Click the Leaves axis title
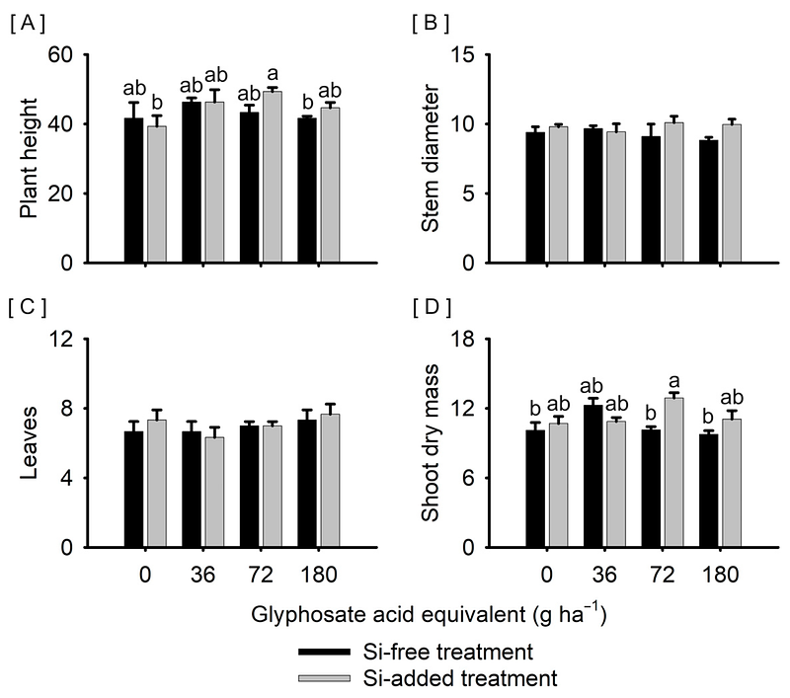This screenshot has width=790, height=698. pyautogui.click(x=33, y=443)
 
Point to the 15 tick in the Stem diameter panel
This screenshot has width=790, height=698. pyautogui.click(x=463, y=55)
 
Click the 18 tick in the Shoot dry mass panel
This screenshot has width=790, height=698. pyautogui.click(x=463, y=340)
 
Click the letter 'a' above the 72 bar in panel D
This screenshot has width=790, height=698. pyautogui.click(x=671, y=379)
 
